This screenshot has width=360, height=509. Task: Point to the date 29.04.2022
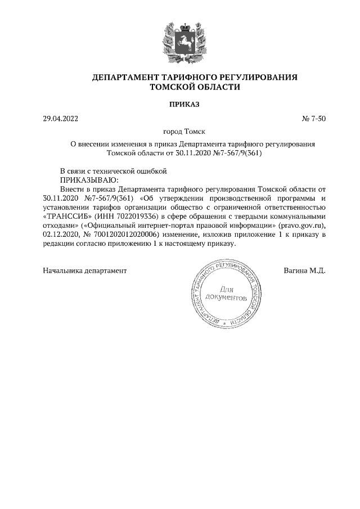[61, 119]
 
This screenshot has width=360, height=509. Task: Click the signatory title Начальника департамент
[85, 271]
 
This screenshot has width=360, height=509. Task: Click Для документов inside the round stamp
[226, 293]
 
